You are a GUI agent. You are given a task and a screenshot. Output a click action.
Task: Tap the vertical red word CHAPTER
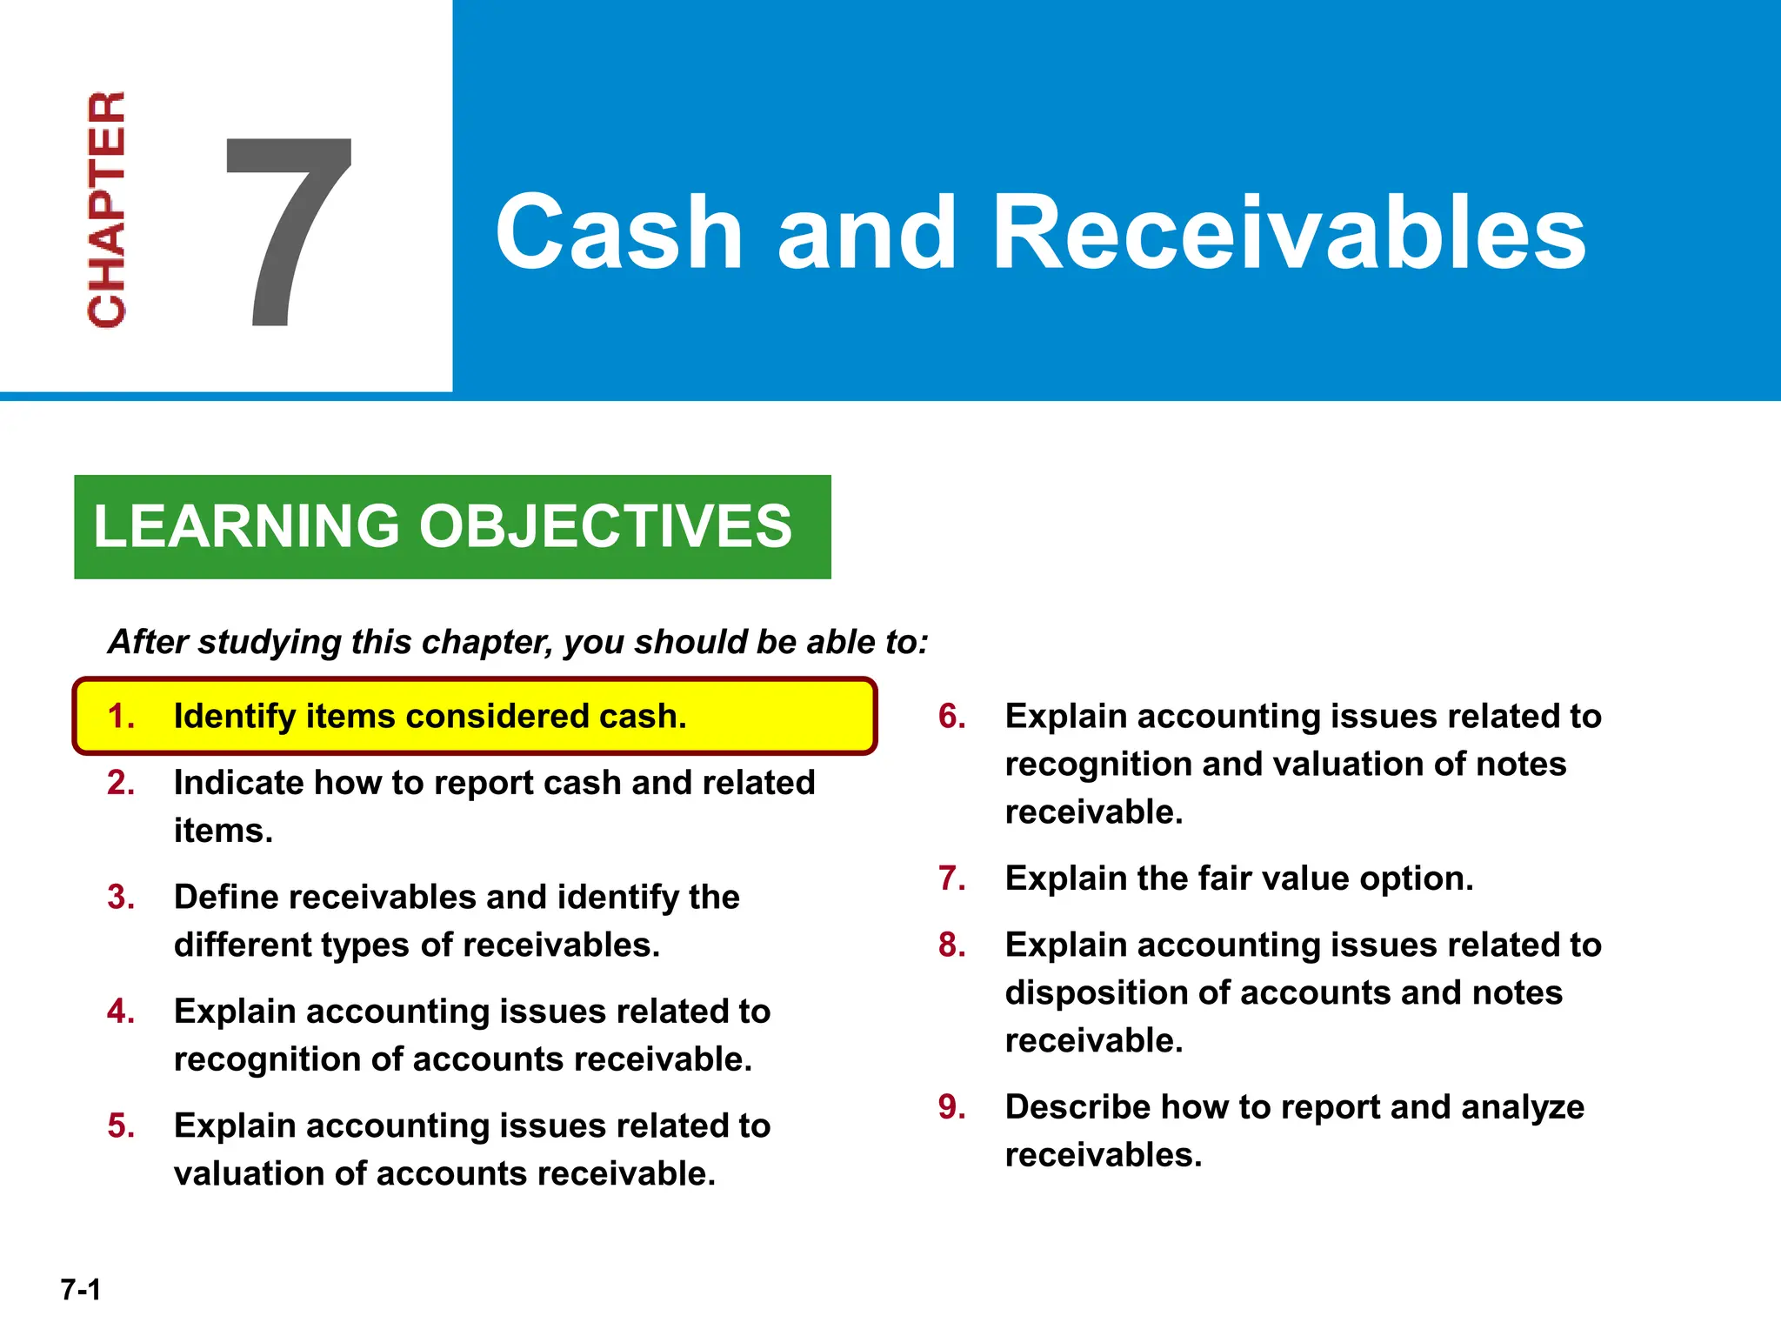(x=107, y=209)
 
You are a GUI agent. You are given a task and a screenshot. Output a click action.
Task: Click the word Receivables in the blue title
(x=1289, y=233)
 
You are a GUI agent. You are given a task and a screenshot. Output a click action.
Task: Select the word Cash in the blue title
(x=618, y=233)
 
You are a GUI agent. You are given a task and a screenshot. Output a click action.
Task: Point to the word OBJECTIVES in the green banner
(x=605, y=526)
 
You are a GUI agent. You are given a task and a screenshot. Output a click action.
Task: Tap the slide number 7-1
(x=81, y=1289)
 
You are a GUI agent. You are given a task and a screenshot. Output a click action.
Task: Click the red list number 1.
(x=120, y=717)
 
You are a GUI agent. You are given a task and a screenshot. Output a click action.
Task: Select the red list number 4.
(x=120, y=1012)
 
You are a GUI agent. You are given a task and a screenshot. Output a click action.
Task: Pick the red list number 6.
(x=951, y=717)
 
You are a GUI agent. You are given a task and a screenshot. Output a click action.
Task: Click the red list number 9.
(x=951, y=1107)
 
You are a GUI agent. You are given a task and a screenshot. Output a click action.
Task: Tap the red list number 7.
(x=951, y=878)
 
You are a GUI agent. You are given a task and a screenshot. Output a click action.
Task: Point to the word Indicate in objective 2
(x=237, y=783)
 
